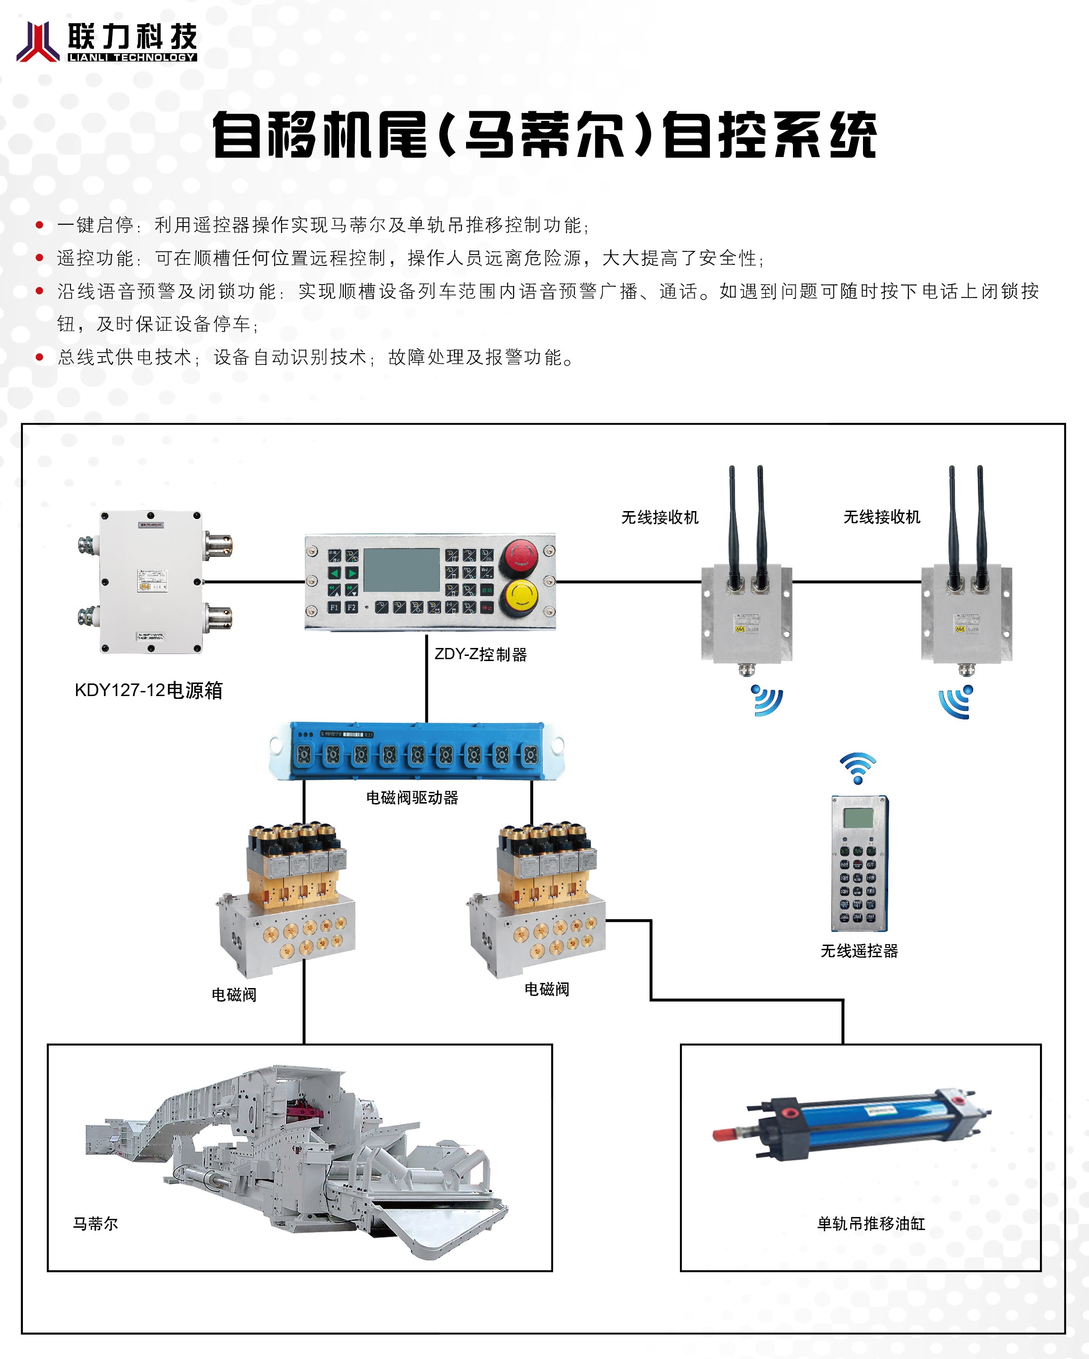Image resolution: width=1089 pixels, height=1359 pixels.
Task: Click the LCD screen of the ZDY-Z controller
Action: pyautogui.click(x=402, y=570)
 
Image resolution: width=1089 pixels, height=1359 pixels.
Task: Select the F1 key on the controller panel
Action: pyautogui.click(x=334, y=608)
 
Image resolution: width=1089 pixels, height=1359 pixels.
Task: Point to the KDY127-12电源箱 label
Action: pyautogui.click(x=148, y=690)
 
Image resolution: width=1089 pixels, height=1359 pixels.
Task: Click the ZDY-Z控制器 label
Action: pyautogui.click(x=480, y=655)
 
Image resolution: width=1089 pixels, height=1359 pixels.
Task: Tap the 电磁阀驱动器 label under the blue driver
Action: pyautogui.click(x=412, y=797)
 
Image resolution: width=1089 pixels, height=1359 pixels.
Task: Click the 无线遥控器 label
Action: pyautogui.click(x=859, y=951)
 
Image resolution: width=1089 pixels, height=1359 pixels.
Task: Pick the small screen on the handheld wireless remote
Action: pyautogui.click(x=858, y=818)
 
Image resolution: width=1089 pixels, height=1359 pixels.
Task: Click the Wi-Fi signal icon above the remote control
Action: pyautogui.click(x=858, y=767)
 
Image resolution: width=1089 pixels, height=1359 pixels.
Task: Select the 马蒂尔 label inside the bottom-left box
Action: pyautogui.click(x=95, y=1224)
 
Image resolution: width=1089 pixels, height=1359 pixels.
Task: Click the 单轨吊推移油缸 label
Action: pyautogui.click(x=871, y=1224)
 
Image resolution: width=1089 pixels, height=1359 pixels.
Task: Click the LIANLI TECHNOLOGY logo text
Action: pyautogui.click(x=132, y=57)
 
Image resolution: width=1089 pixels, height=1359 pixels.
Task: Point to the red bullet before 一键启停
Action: pyautogui.click(x=40, y=225)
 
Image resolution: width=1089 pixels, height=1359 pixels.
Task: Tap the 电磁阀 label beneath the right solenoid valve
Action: pyautogui.click(x=546, y=989)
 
